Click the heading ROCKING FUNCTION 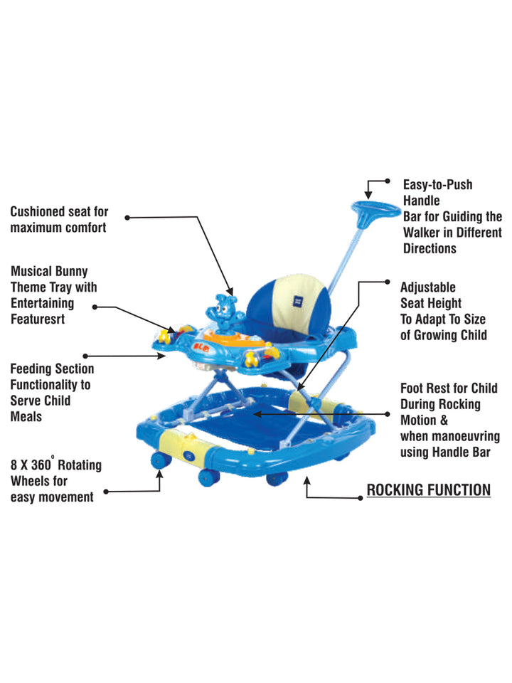pyautogui.click(x=428, y=489)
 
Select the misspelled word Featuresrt pyautogui.click(x=38, y=319)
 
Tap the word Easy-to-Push pyautogui.click(x=437, y=185)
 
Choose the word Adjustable pyautogui.click(x=428, y=287)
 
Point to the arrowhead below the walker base pyautogui.click(x=307, y=481)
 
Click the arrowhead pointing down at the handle pyautogui.click(x=368, y=194)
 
